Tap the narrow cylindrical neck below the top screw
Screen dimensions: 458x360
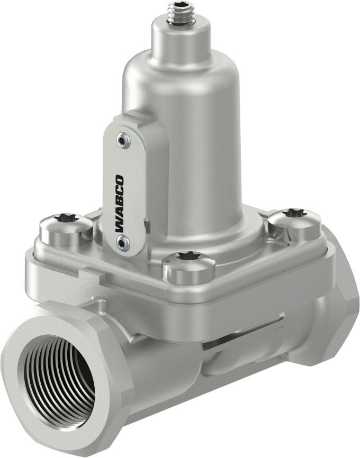coord(178,40)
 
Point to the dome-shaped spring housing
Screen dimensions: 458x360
coord(201,116)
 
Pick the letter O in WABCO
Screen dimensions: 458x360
coord(121,180)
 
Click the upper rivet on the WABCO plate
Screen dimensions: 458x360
coord(123,140)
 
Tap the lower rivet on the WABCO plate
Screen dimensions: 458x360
coord(123,243)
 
